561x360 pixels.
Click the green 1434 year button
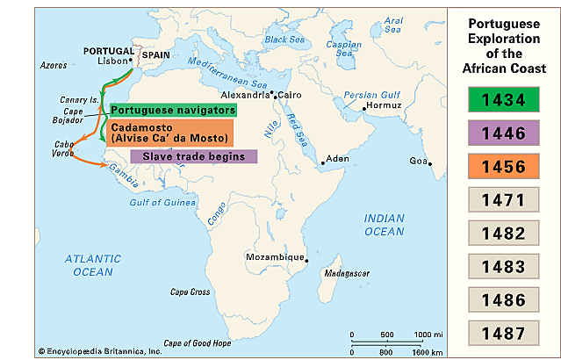(x=503, y=100)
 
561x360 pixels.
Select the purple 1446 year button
(x=503, y=133)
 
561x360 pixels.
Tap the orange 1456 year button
(x=503, y=167)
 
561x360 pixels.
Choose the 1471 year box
(x=503, y=200)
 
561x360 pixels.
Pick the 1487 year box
(x=503, y=333)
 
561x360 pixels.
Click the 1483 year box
(x=503, y=266)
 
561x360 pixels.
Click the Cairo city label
(x=291, y=93)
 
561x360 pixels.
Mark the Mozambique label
(x=274, y=258)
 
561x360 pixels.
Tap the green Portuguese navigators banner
(x=173, y=110)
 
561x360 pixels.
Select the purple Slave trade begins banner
(x=193, y=156)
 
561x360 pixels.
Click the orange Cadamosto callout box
(x=169, y=132)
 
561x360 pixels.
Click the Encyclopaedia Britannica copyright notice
(x=90, y=350)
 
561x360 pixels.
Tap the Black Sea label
(x=286, y=40)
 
